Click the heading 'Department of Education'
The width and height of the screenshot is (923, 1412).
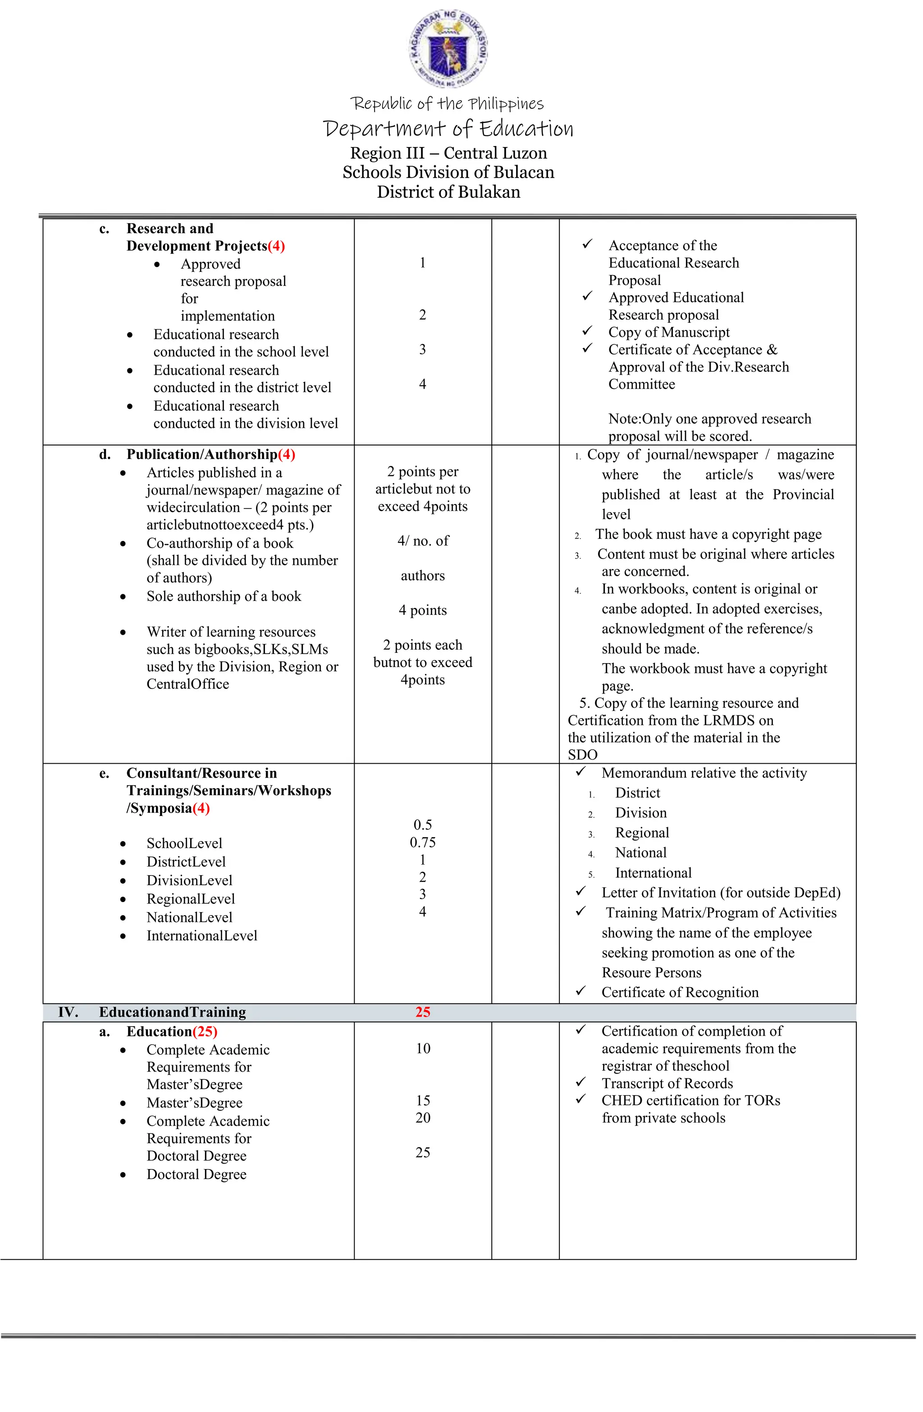(448, 128)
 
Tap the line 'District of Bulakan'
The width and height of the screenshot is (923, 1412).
(448, 192)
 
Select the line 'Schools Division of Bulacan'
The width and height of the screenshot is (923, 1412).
(448, 173)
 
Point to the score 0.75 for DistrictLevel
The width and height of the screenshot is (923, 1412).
(422, 843)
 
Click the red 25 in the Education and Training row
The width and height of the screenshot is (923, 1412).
(422, 1012)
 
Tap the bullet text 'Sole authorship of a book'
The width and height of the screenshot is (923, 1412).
(224, 596)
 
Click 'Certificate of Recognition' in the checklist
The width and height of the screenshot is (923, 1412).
(680, 993)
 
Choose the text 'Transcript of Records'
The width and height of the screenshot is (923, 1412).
(667, 1083)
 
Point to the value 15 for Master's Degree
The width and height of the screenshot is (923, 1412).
(422, 1100)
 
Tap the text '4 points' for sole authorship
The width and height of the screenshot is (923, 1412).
(422, 610)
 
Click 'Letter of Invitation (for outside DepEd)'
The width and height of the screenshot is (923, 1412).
(721, 893)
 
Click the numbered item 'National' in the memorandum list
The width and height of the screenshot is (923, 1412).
(640, 853)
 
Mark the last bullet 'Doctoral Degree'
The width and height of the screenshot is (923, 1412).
(196, 1175)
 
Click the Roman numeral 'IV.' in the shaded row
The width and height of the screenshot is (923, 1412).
(68, 1012)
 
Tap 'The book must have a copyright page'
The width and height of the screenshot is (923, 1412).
(708, 535)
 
